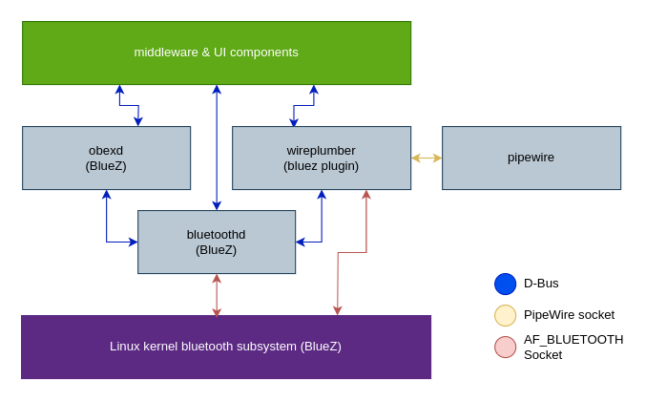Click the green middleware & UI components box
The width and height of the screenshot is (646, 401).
pos(217,53)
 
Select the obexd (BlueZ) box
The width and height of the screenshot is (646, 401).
pos(106,158)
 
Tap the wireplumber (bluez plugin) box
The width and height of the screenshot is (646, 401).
pos(321,158)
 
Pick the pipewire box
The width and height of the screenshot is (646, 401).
pos(531,158)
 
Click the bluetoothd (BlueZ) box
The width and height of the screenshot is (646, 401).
pos(217,242)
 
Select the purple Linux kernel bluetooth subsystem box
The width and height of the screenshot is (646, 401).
pos(225,347)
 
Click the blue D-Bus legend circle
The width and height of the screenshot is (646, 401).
pos(505,284)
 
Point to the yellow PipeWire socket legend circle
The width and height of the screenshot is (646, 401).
pos(505,315)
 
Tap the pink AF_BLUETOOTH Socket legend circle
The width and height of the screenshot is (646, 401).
pos(505,347)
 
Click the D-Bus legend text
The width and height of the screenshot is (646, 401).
pos(541,284)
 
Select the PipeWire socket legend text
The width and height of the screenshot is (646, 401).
pos(569,315)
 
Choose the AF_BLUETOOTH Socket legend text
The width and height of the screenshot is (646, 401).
pos(573,347)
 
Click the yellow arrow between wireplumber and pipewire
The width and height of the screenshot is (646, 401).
pos(427,158)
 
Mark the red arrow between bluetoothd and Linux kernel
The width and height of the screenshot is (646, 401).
pos(217,295)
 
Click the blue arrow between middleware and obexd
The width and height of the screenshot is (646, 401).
pos(129,105)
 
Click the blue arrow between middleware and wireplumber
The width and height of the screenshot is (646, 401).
pos(303,105)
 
